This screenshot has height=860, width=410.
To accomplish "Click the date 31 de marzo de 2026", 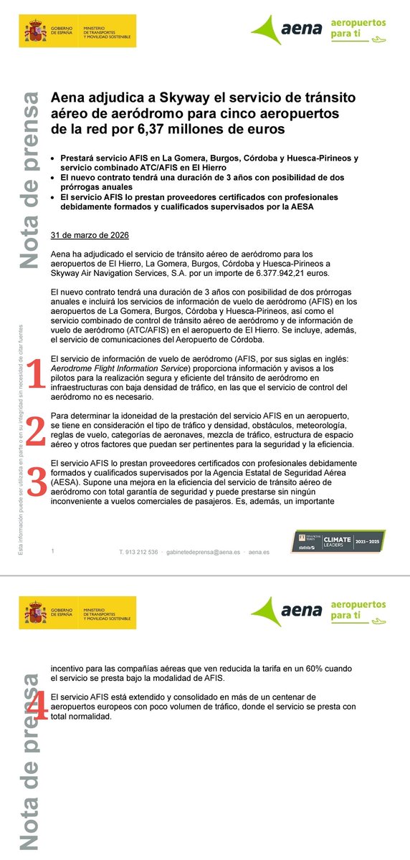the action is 90,235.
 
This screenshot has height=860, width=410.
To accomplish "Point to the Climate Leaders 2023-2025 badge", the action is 342,541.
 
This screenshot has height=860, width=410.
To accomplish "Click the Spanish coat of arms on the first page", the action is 34,33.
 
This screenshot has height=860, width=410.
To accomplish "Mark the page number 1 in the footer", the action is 53,550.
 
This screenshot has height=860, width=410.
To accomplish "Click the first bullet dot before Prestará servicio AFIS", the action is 54,158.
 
